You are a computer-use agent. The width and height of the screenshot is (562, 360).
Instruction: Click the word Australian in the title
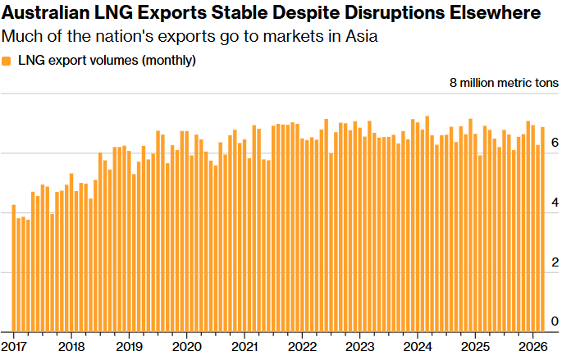point(47,14)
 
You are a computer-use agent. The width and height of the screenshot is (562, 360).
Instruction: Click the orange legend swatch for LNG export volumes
point(7,61)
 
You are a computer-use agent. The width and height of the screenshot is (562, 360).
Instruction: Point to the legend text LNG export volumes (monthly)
point(106,61)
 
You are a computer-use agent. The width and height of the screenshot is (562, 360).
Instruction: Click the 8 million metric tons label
point(504,83)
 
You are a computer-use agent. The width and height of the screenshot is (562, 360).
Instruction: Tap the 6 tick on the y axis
point(555,143)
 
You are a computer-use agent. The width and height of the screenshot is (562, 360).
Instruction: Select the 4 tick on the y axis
point(555,203)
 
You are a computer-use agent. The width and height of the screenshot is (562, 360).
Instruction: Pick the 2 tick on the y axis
point(555,262)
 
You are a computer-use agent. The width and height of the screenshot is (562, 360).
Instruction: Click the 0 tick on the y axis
point(555,321)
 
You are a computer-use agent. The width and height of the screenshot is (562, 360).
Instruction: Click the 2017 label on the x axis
point(14,346)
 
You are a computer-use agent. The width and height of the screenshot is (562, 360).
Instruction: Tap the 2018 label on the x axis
point(71,346)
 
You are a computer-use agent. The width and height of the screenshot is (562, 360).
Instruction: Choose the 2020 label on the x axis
point(187,346)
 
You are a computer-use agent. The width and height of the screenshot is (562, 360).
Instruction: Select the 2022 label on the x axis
point(303,346)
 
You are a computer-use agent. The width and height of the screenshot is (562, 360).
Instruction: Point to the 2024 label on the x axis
point(418,346)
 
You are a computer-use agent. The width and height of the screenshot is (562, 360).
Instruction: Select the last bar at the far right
point(543,230)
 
